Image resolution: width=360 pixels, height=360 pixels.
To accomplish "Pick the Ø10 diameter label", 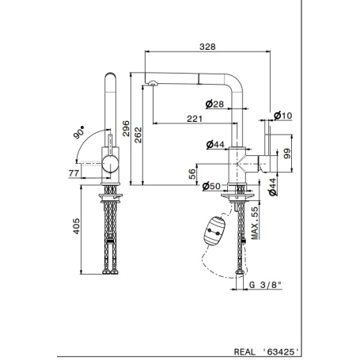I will (282, 116).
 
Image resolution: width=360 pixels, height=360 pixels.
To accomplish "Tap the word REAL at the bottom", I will (246, 345).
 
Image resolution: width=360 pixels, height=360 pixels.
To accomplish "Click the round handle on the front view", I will (109, 165).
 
